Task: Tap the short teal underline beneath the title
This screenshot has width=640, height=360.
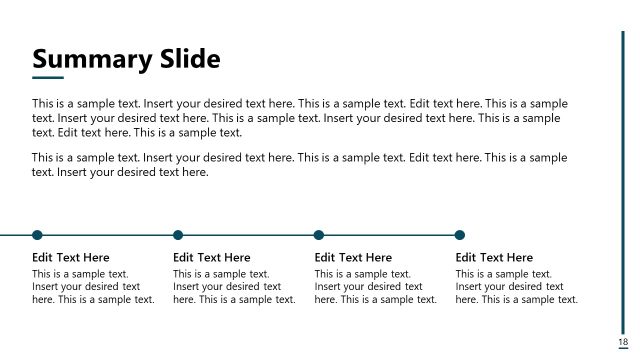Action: [48, 77]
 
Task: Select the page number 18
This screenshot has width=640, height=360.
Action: [623, 342]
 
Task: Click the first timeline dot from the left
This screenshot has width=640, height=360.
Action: [37, 235]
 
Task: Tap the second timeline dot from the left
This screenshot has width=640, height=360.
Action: [178, 235]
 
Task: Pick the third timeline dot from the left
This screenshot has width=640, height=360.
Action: [319, 235]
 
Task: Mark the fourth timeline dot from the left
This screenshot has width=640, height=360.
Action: [460, 235]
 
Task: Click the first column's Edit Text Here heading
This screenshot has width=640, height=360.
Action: [71, 258]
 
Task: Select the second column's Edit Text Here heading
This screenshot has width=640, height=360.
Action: [212, 258]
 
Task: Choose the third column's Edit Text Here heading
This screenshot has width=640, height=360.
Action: [353, 258]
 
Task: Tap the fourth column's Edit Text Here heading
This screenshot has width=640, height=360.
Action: [494, 258]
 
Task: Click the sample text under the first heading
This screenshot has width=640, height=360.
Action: [93, 286]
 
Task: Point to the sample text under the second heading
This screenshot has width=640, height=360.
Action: [234, 286]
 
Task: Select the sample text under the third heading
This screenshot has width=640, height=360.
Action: [375, 286]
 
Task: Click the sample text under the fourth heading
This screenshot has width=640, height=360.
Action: [516, 286]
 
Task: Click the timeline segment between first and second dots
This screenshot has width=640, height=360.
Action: [107, 235]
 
